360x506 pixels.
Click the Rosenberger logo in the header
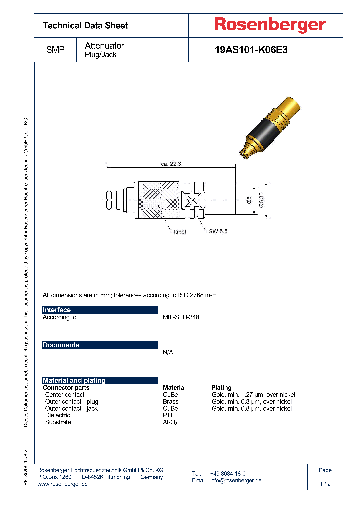[270, 25]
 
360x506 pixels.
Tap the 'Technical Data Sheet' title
[85, 25]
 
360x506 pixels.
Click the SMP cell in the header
[55, 50]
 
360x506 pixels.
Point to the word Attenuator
[104, 46]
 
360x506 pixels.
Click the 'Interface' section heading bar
[100, 310]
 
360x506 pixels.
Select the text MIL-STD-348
[181, 317]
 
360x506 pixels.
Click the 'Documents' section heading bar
[100, 345]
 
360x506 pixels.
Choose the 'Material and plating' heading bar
[100, 380]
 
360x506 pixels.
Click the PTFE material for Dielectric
[170, 415]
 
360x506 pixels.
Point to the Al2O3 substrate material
[170, 422]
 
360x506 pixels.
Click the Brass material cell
[170, 401]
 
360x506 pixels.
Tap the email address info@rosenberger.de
[235, 480]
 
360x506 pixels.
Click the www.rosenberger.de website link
[63, 484]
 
